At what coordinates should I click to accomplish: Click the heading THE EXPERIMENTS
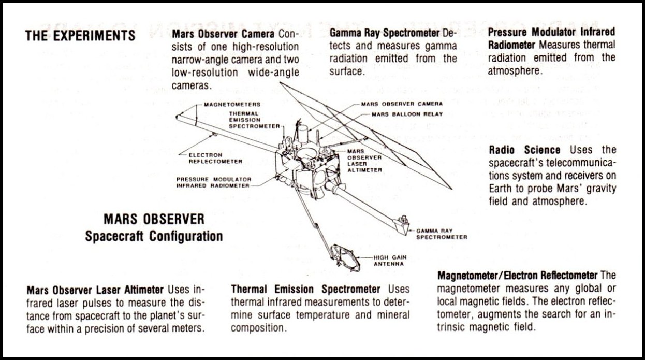pos(80,36)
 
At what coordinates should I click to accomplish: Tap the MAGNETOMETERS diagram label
pos(232,104)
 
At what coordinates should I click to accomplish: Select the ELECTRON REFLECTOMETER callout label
pos(215,158)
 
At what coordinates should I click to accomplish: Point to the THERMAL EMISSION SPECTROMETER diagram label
pos(254,120)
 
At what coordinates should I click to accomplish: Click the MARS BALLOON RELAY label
pos(407,114)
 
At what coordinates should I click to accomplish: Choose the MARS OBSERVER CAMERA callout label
pos(402,104)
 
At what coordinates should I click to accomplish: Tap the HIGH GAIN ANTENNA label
pos(390,261)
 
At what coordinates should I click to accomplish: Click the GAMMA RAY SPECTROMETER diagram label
pos(442,234)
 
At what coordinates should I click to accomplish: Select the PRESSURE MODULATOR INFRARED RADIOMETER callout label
pos(214,182)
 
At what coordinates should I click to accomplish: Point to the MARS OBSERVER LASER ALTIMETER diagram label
pos(364,161)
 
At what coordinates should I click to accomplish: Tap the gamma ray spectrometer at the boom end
pos(401,225)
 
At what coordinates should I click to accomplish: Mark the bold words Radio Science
pos(524,150)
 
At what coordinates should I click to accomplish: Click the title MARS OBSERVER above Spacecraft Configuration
pos(154,219)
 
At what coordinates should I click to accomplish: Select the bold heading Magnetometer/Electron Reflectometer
pos(518,276)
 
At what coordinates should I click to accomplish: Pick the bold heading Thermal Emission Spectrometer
pos(305,289)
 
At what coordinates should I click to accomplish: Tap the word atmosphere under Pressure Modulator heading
pos(515,71)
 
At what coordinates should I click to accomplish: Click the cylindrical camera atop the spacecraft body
pos(303,134)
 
